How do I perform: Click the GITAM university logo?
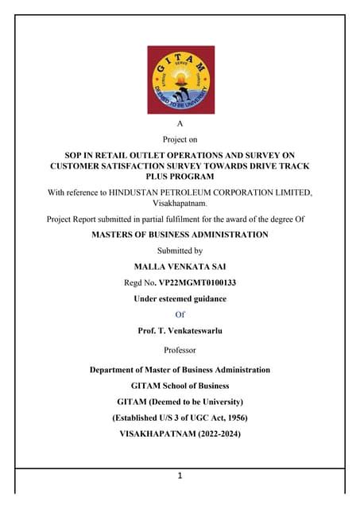pyautogui.click(x=180, y=80)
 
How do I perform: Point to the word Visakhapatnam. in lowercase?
pyautogui.click(x=180, y=204)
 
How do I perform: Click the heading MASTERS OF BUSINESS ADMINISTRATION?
pyautogui.click(x=180, y=235)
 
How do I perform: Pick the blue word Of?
pyautogui.click(x=180, y=314)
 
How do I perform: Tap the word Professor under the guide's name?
pyautogui.click(x=180, y=350)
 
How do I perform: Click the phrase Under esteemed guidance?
pyautogui.click(x=180, y=298)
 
